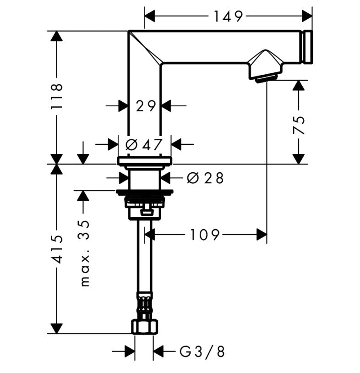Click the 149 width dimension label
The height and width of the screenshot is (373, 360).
(228, 17)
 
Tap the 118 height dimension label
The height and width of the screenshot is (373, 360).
(56, 97)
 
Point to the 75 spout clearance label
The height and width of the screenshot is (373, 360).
(299, 125)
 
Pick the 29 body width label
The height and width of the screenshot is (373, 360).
(146, 106)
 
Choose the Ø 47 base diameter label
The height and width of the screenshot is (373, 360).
(144, 145)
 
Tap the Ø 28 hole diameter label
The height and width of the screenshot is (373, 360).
(205, 178)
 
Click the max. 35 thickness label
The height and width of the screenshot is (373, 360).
(84, 252)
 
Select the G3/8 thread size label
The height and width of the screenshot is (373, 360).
(202, 352)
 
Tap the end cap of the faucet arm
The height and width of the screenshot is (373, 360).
(307, 47)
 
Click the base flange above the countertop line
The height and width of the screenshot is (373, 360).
(144, 160)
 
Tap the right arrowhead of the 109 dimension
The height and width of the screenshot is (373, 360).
(261, 235)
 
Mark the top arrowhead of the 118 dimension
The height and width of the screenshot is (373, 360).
(56, 36)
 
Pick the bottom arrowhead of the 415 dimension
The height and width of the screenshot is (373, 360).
(56, 328)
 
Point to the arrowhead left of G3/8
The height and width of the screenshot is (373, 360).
(130, 352)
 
